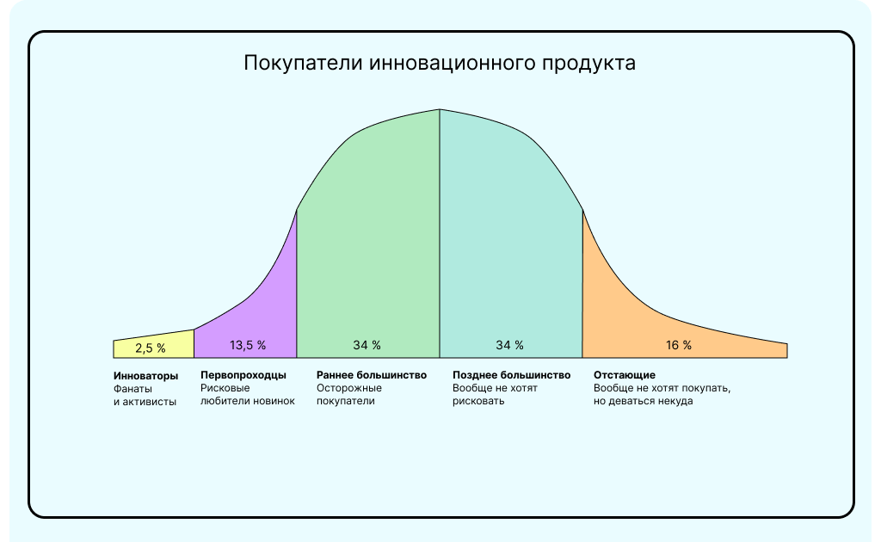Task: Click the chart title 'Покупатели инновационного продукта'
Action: (x=440, y=64)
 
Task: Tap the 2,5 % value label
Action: (x=151, y=348)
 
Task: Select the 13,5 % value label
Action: (x=248, y=345)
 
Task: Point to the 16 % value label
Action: (x=679, y=345)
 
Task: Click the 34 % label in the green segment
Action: (x=367, y=345)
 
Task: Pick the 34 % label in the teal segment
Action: (x=509, y=345)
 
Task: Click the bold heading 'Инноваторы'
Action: (x=146, y=375)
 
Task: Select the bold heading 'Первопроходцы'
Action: (x=243, y=375)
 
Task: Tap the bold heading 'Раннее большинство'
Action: (x=372, y=375)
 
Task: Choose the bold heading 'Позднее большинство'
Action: (x=511, y=375)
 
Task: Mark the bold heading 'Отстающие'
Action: (x=625, y=375)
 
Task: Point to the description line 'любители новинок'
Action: (x=248, y=401)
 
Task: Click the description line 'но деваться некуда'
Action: (x=643, y=401)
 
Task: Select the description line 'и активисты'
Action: (x=145, y=401)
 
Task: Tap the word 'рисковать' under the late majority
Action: (x=478, y=401)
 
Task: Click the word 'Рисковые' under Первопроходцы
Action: (x=225, y=388)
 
